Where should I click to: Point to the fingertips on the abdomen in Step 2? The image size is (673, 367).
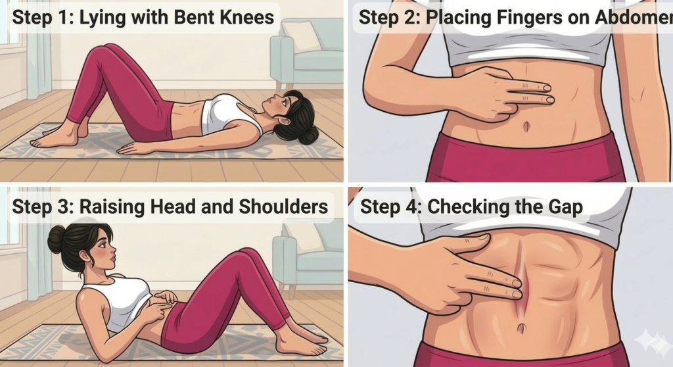coord(545,93)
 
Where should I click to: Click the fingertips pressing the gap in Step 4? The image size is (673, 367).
coord(515,289)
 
